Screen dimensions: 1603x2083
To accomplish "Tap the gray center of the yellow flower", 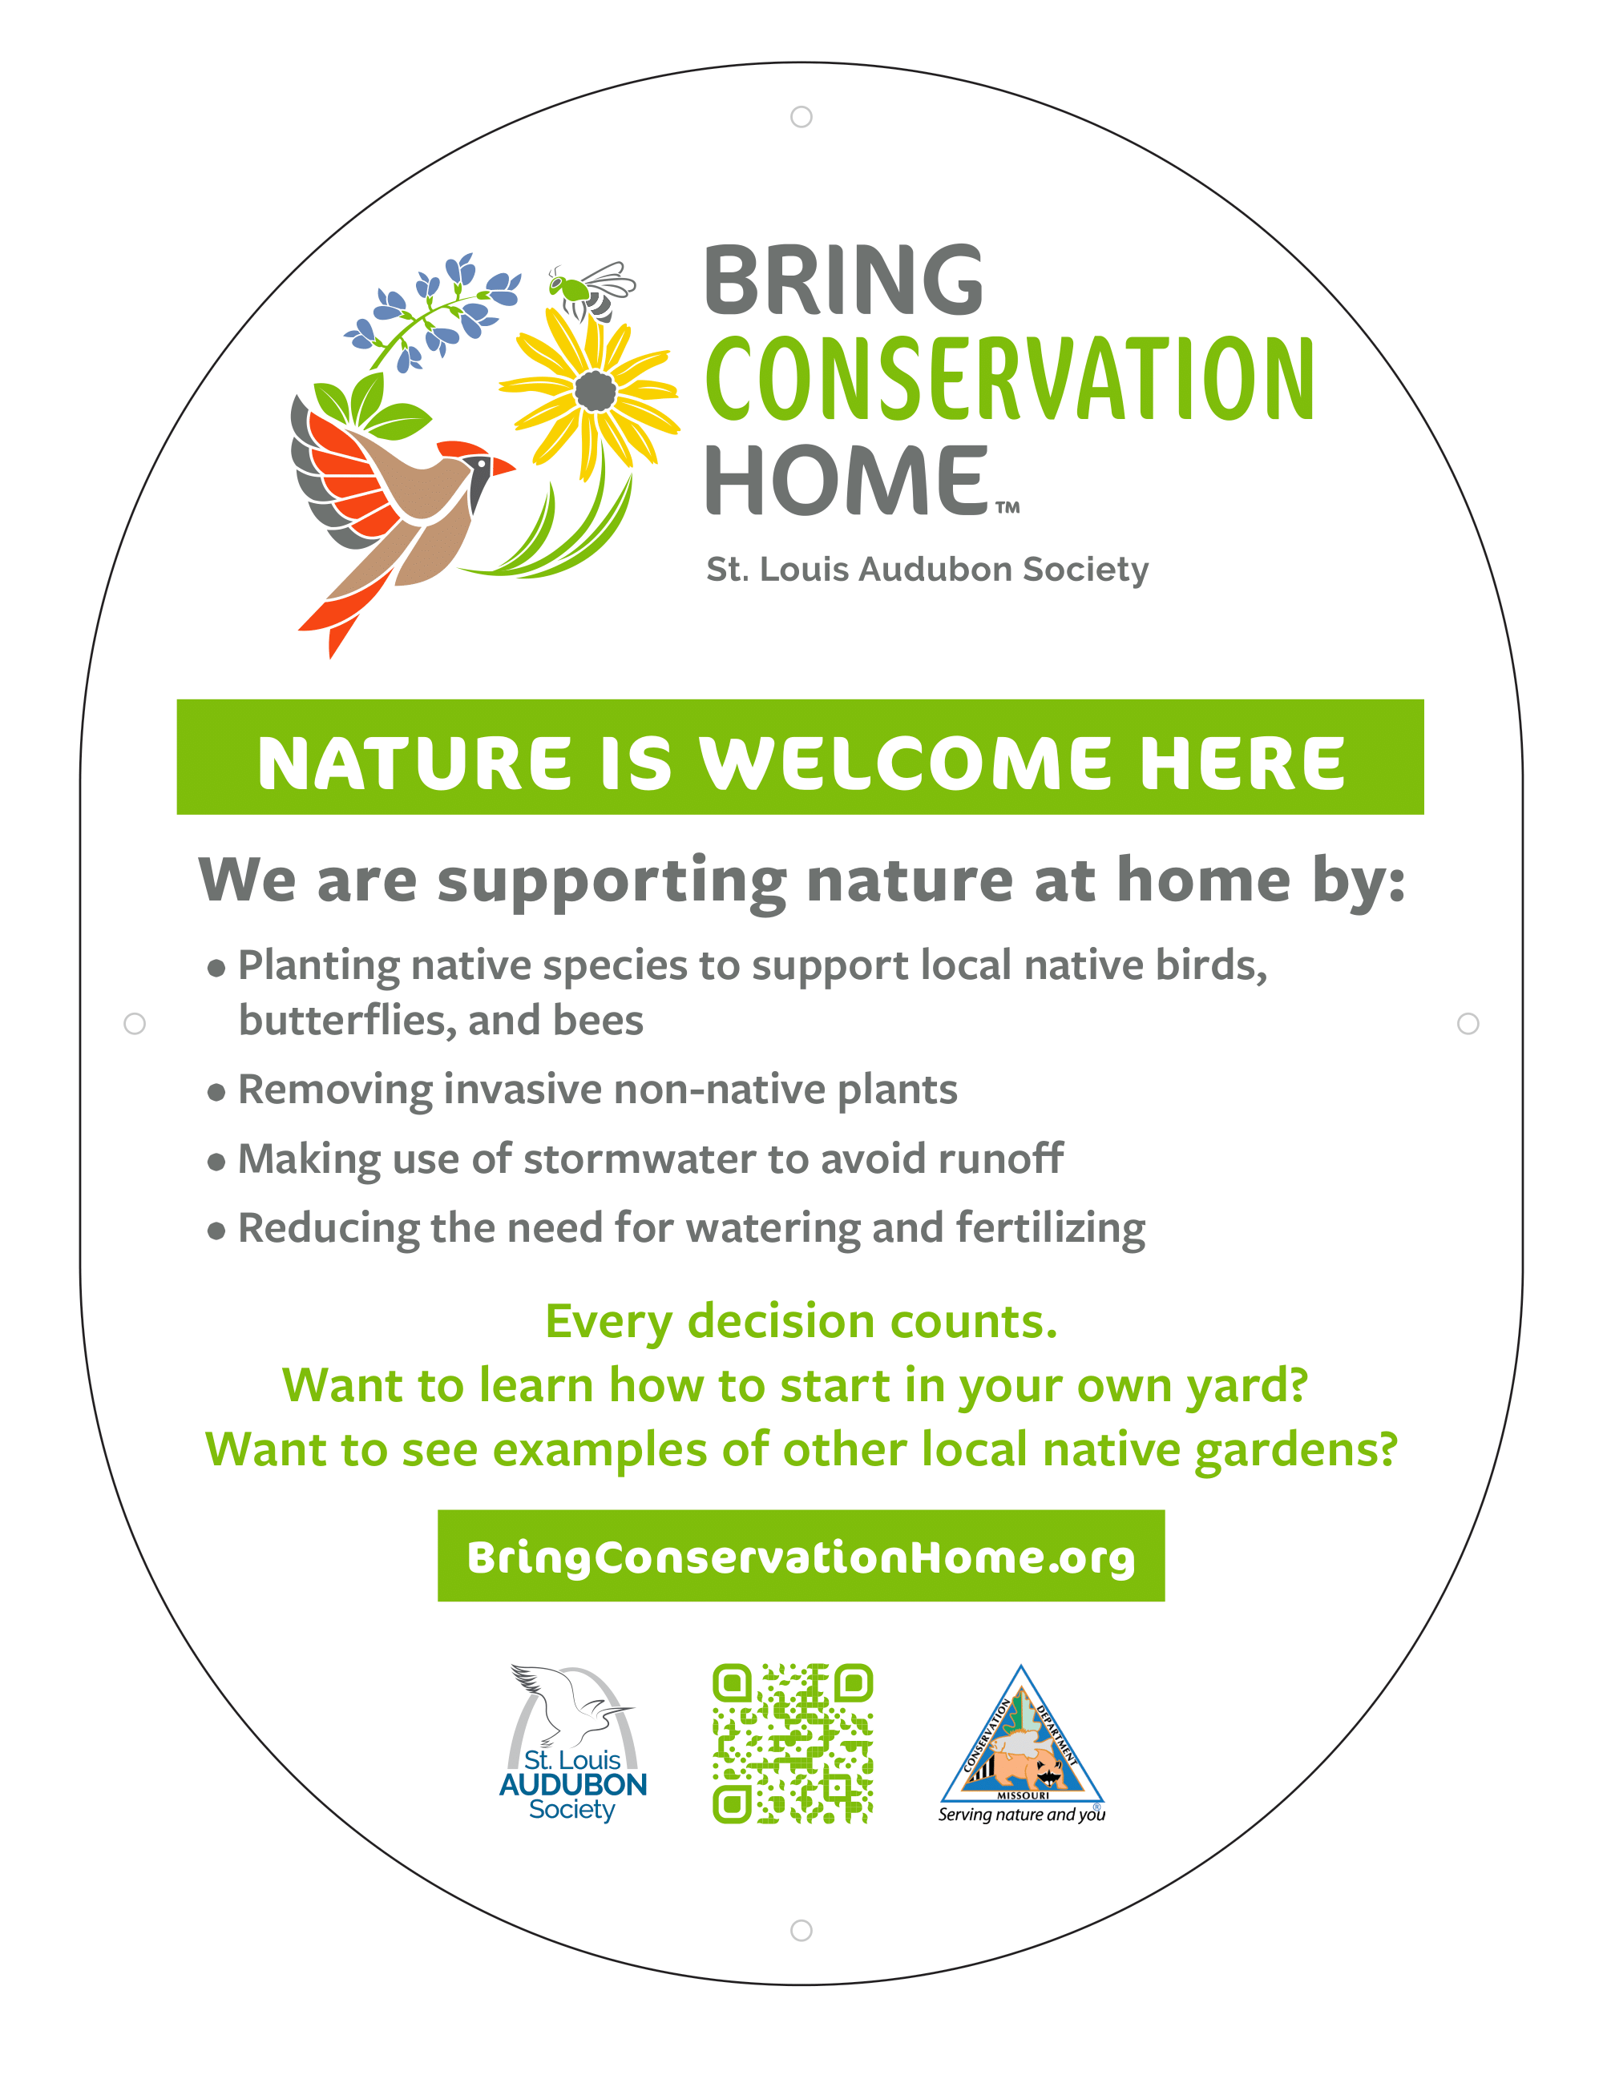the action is (x=596, y=390).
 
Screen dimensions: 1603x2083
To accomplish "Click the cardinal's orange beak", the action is (x=502, y=467).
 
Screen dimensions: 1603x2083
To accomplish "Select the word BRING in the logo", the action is (x=843, y=280).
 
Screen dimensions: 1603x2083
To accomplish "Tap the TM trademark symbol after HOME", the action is (x=1007, y=507).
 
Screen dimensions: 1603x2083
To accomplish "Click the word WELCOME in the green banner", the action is (x=906, y=764).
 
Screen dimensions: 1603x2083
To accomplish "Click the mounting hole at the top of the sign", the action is (x=801, y=116).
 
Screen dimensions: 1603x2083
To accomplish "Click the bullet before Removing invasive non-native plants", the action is (x=216, y=1092).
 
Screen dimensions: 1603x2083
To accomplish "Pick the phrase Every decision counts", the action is (x=801, y=1322).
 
